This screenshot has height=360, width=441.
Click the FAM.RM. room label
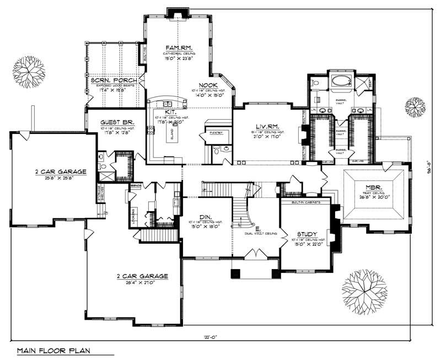(x=179, y=48)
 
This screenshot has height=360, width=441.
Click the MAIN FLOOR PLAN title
(x=53, y=350)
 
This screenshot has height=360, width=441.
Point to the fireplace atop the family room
(x=179, y=12)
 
